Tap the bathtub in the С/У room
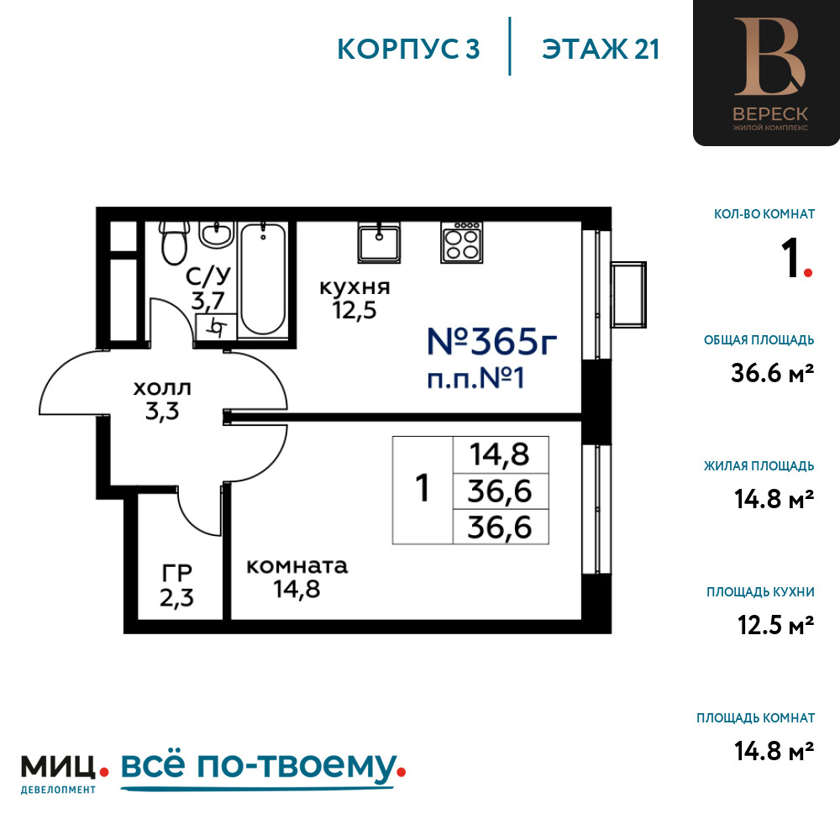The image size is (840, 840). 262,279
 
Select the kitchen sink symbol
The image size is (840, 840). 380,243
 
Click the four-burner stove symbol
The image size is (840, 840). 462,243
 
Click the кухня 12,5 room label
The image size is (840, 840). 354,299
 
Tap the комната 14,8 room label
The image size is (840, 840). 297,578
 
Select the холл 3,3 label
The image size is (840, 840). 162,400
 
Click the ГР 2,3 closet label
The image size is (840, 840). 176,586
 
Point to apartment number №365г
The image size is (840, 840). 491,341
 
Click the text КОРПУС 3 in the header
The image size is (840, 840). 408,50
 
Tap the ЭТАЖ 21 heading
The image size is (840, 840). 601,50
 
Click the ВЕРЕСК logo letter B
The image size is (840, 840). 769,56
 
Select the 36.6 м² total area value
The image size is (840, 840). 773,373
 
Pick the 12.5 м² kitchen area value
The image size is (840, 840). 775,625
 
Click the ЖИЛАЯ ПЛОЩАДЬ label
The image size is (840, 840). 759,466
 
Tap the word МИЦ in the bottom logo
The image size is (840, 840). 59,767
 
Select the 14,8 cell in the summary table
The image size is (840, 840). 500,454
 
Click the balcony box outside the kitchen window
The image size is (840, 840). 629,295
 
